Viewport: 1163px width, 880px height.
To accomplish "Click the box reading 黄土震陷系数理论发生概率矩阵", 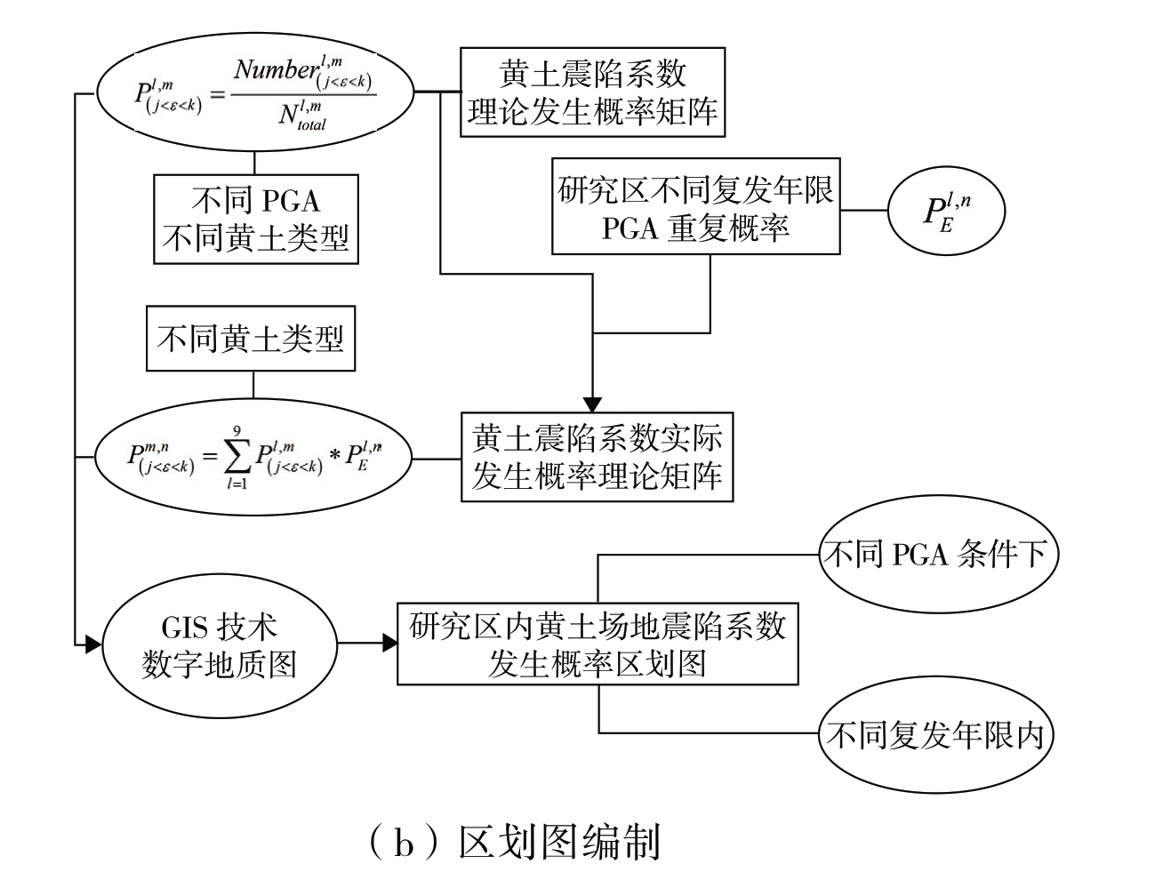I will [592, 92].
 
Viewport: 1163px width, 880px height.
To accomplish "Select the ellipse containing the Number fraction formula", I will [255, 92].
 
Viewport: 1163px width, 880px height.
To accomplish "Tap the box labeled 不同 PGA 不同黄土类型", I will [256, 219].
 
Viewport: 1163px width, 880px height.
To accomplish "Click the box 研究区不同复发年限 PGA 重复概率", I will [696, 207].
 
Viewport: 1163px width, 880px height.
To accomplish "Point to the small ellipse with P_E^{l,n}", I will [946, 212].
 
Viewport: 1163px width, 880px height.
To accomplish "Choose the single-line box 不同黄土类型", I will [251, 339].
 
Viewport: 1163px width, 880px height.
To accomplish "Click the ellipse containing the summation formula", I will [253, 459].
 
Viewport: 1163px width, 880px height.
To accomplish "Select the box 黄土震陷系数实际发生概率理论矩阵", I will [597, 456].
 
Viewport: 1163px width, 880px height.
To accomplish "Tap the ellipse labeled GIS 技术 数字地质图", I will [220, 644].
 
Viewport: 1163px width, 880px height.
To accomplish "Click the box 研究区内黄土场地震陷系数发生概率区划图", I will [598, 644].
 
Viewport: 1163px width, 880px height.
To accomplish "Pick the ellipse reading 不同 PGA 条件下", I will [939, 556].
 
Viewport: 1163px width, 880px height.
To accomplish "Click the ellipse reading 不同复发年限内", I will [939, 734].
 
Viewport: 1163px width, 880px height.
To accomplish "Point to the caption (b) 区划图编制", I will [513, 841].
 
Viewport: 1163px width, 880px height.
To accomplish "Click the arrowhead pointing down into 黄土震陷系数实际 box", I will [593, 404].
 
